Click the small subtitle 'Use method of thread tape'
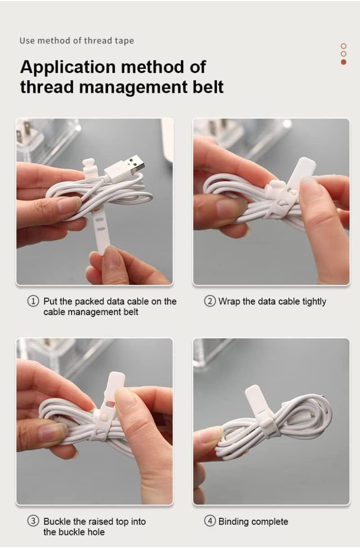tap(76, 41)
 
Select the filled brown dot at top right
tap(344, 62)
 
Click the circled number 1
tap(33, 301)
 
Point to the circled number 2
tap(210, 301)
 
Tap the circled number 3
tap(33, 521)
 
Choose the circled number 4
tap(210, 521)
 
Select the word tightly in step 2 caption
tap(314, 302)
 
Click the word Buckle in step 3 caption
tap(57, 521)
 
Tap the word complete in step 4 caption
tap(270, 521)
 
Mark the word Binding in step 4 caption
tap(234, 521)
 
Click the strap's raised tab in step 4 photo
tap(254, 396)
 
